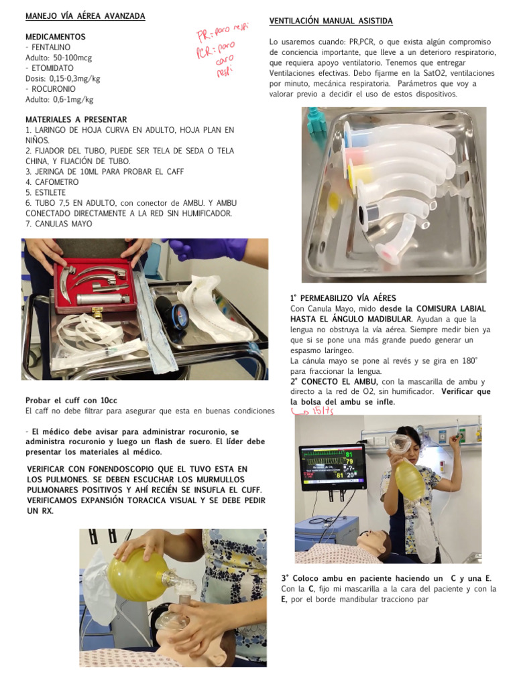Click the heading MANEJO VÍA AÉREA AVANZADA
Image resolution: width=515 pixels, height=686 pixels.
click(84, 15)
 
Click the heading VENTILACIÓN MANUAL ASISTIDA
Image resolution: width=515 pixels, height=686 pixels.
click(331, 21)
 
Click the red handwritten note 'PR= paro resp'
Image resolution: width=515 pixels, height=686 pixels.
click(221, 29)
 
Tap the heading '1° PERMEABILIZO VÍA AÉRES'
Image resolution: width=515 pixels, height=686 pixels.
click(343, 297)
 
